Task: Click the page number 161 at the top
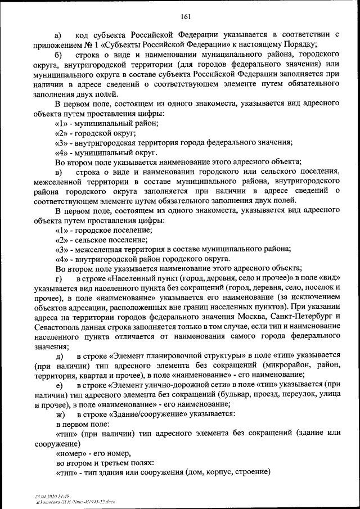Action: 186,15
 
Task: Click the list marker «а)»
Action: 58,35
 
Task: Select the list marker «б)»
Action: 58,55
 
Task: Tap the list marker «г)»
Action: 58,278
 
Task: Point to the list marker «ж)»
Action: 58,413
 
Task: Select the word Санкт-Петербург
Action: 297,319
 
